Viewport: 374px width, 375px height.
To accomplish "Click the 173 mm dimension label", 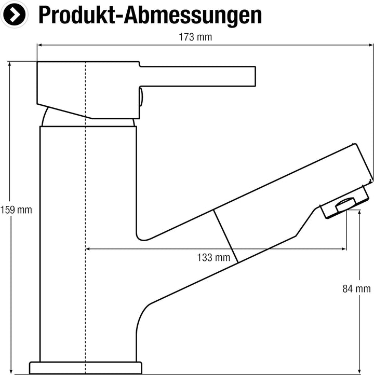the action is [195, 37].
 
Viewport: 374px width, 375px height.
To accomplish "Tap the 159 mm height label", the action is [16, 210].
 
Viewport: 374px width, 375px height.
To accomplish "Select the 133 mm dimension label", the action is [213, 258].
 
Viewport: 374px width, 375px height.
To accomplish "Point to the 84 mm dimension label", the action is [356, 289].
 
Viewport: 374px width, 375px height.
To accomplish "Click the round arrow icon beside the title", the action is [14, 15].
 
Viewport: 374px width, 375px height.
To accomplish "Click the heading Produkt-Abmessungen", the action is [150, 15].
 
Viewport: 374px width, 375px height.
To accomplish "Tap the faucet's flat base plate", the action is [86, 368].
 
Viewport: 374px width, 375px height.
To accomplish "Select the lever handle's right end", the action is [255, 76].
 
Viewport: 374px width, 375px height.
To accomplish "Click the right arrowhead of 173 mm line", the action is [371, 45].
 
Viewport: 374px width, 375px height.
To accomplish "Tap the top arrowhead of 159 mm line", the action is [9, 64].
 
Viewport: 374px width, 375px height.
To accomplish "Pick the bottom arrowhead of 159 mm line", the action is [11, 371].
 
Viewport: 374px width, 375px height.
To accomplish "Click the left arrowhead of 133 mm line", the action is [88, 249].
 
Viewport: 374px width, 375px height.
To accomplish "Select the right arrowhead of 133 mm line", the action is [343, 249].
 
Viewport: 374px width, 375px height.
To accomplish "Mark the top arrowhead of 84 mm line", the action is [359, 213].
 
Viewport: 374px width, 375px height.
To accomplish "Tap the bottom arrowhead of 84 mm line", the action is [359, 371].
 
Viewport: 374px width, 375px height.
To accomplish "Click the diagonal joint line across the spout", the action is [225, 237].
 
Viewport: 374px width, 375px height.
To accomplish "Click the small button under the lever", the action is [141, 97].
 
